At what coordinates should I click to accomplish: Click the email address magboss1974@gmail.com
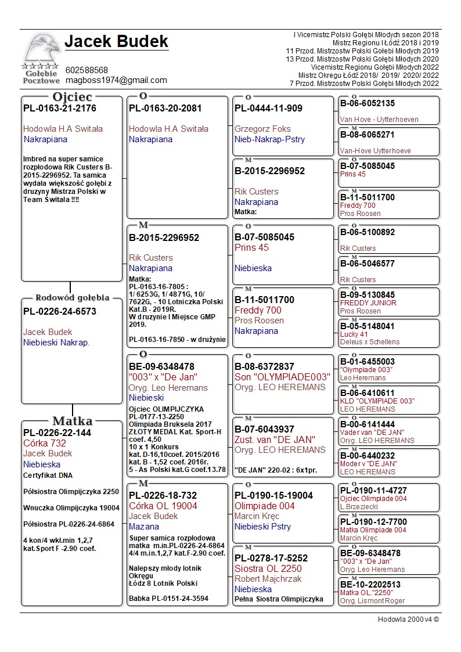pyautogui.click(x=116, y=80)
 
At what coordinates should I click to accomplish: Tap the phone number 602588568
pyautogui.click(x=87, y=70)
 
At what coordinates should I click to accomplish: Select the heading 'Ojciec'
pyautogui.click(x=73, y=97)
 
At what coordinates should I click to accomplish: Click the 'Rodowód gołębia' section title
pyautogui.click(x=72, y=298)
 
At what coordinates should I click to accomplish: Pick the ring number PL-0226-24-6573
pyautogui.click(x=60, y=312)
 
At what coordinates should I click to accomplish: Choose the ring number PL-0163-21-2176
pyautogui.click(x=60, y=109)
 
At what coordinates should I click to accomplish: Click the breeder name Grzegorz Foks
pyautogui.click(x=262, y=129)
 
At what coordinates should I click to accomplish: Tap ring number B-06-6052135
pyautogui.click(x=367, y=103)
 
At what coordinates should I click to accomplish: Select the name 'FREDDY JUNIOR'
pyautogui.click(x=368, y=303)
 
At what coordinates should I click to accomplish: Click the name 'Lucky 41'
pyautogui.click(x=354, y=334)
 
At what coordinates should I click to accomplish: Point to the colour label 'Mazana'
pyautogui.click(x=144, y=527)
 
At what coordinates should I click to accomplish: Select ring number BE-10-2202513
pyautogui.click(x=370, y=585)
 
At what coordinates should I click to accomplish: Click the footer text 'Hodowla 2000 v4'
pyautogui.click(x=408, y=619)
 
